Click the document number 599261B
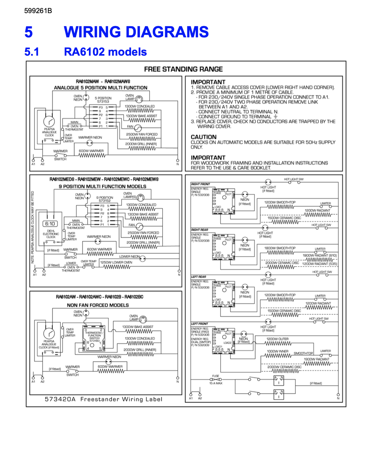[38, 11]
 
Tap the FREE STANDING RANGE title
[183, 69]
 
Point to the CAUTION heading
[204, 137]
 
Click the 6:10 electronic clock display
[50, 224]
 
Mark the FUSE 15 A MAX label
[216, 380]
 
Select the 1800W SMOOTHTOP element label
[280, 248]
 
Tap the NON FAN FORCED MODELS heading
[98, 305]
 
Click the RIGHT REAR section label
[199, 230]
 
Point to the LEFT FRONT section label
[199, 324]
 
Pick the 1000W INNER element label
[277, 351]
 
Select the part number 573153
[103, 102]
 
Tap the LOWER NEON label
[129, 256]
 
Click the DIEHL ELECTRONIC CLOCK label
[51, 234]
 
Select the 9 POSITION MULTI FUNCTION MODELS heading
[102, 186]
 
